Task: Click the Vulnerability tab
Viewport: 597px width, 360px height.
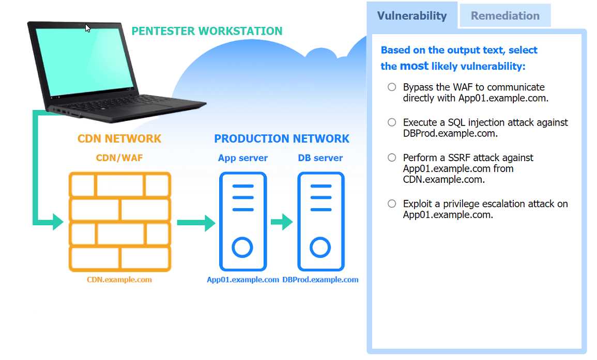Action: click(411, 15)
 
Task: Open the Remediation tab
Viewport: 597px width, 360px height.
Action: click(504, 15)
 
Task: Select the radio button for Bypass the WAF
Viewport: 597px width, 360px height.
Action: click(392, 87)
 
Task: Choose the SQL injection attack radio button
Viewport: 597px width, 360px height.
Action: click(392, 122)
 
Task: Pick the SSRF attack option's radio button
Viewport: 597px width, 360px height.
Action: click(392, 158)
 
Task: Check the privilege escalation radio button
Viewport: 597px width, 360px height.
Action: click(392, 204)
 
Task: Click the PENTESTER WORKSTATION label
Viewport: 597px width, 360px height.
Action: click(207, 31)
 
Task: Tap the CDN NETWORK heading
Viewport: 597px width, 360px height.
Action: click(119, 139)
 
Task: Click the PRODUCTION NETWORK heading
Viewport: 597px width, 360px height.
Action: click(282, 139)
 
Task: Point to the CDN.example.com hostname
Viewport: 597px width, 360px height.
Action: click(119, 279)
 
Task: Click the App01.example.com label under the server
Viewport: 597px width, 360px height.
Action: click(243, 279)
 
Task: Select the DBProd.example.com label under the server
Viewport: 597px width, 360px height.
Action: click(320, 279)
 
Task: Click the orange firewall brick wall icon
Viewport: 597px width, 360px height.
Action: click(119, 222)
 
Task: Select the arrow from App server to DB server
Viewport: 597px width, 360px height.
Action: click(282, 223)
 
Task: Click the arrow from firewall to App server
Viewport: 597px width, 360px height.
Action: click(196, 223)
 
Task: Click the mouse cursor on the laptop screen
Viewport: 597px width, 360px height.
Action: click(88, 28)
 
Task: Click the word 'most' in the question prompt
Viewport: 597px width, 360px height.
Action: click(414, 66)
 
